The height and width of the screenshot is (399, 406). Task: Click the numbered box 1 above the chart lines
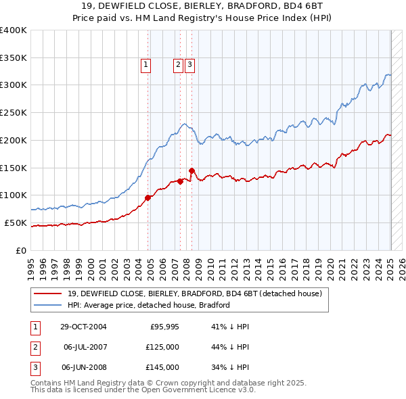click(x=145, y=65)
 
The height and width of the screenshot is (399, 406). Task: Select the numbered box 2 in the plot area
click(x=178, y=65)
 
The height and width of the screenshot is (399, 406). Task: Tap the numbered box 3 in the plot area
click(x=189, y=65)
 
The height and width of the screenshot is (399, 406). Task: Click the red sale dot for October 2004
click(x=148, y=197)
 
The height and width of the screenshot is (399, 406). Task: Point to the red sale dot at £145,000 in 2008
click(x=191, y=170)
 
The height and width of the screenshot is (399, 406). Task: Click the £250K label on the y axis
click(x=14, y=113)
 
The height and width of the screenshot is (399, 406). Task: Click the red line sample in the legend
click(x=47, y=294)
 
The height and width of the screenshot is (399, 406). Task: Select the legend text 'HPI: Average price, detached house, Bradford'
click(x=149, y=305)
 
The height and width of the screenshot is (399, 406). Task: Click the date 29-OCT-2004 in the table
click(x=83, y=327)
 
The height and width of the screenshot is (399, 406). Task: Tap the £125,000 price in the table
click(x=163, y=347)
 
